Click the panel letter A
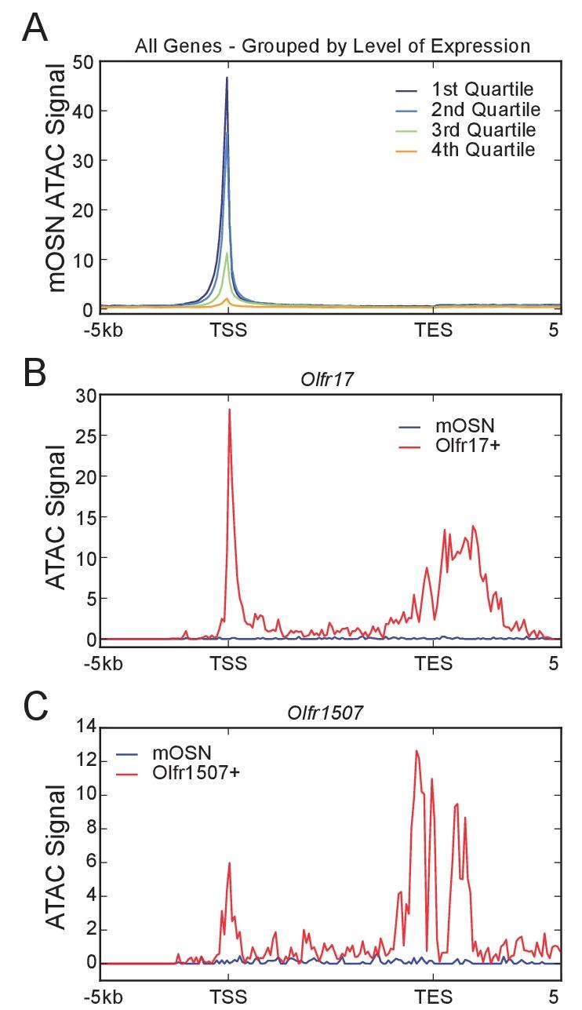[37, 29]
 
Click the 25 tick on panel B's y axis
[84, 436]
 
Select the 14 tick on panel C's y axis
[84, 727]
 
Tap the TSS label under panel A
[228, 330]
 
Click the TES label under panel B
[434, 662]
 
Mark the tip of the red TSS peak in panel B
[229, 409]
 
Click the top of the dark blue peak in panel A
[227, 77]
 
